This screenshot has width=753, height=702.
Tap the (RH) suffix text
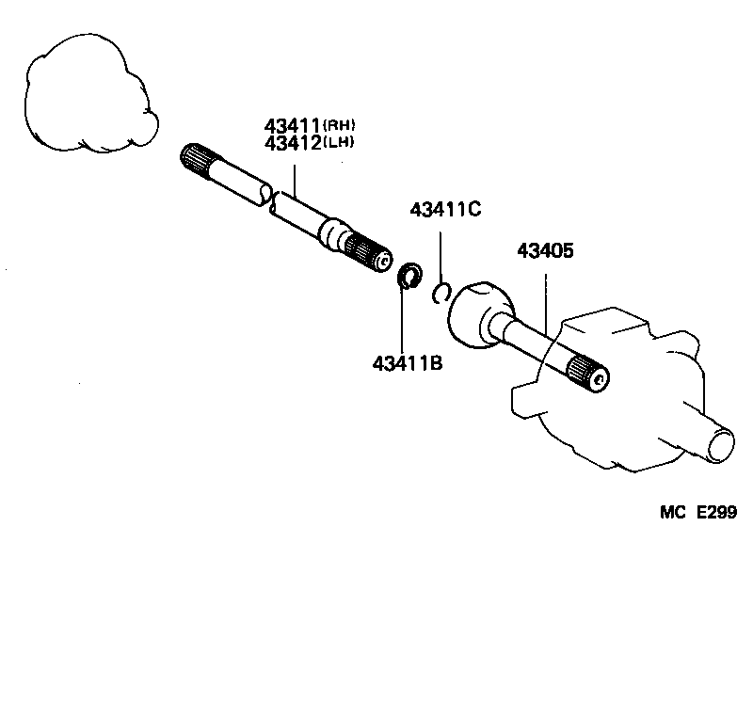[x=342, y=125]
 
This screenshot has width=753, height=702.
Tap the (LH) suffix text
[x=342, y=143]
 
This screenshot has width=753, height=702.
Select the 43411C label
[x=445, y=210]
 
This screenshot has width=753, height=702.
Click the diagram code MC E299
[x=697, y=512]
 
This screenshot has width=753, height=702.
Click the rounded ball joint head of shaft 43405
[x=478, y=312]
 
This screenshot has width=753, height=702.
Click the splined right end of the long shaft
[x=370, y=252]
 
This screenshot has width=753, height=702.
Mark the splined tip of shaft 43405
[x=590, y=375]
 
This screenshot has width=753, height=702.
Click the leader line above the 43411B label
[x=402, y=320]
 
